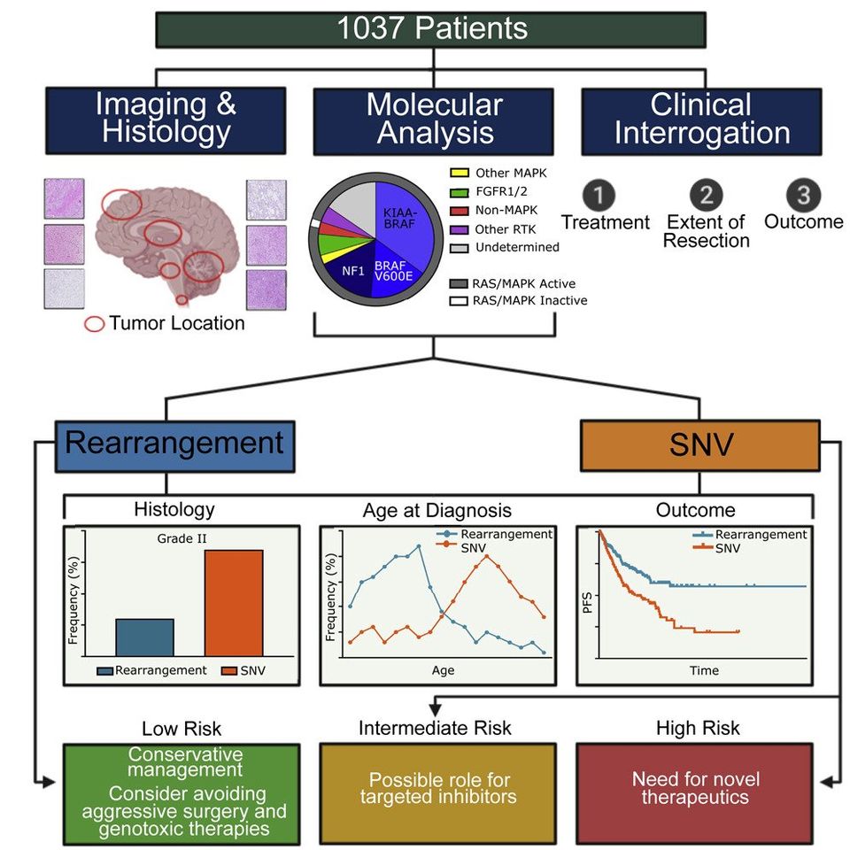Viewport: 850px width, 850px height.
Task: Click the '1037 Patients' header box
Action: point(431,30)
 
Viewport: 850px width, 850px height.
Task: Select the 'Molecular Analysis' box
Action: point(434,121)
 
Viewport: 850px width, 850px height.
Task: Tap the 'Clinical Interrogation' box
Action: point(701,121)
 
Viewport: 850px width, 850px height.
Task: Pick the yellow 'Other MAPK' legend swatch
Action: point(460,174)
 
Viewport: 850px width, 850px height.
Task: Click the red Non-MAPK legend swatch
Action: point(460,211)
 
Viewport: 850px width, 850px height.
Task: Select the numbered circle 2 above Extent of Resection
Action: point(706,195)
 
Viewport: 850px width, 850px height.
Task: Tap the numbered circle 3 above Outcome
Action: point(803,195)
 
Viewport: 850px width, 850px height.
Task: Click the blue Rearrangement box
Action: point(175,446)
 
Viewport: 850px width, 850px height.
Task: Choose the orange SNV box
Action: point(700,445)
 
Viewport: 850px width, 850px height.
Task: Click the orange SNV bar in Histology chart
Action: point(234,603)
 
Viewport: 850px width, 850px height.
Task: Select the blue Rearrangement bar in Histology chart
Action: point(144,637)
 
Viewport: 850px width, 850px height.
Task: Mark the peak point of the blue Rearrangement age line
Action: point(419,546)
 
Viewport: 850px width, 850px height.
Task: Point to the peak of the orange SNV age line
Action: point(486,556)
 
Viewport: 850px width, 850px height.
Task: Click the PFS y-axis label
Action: point(586,603)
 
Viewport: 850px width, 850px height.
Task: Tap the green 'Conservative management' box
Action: point(182,794)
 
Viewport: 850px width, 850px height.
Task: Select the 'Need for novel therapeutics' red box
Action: point(694,793)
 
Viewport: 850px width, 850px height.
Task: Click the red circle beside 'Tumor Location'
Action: point(95,324)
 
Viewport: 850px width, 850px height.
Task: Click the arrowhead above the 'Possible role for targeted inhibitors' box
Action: point(435,709)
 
